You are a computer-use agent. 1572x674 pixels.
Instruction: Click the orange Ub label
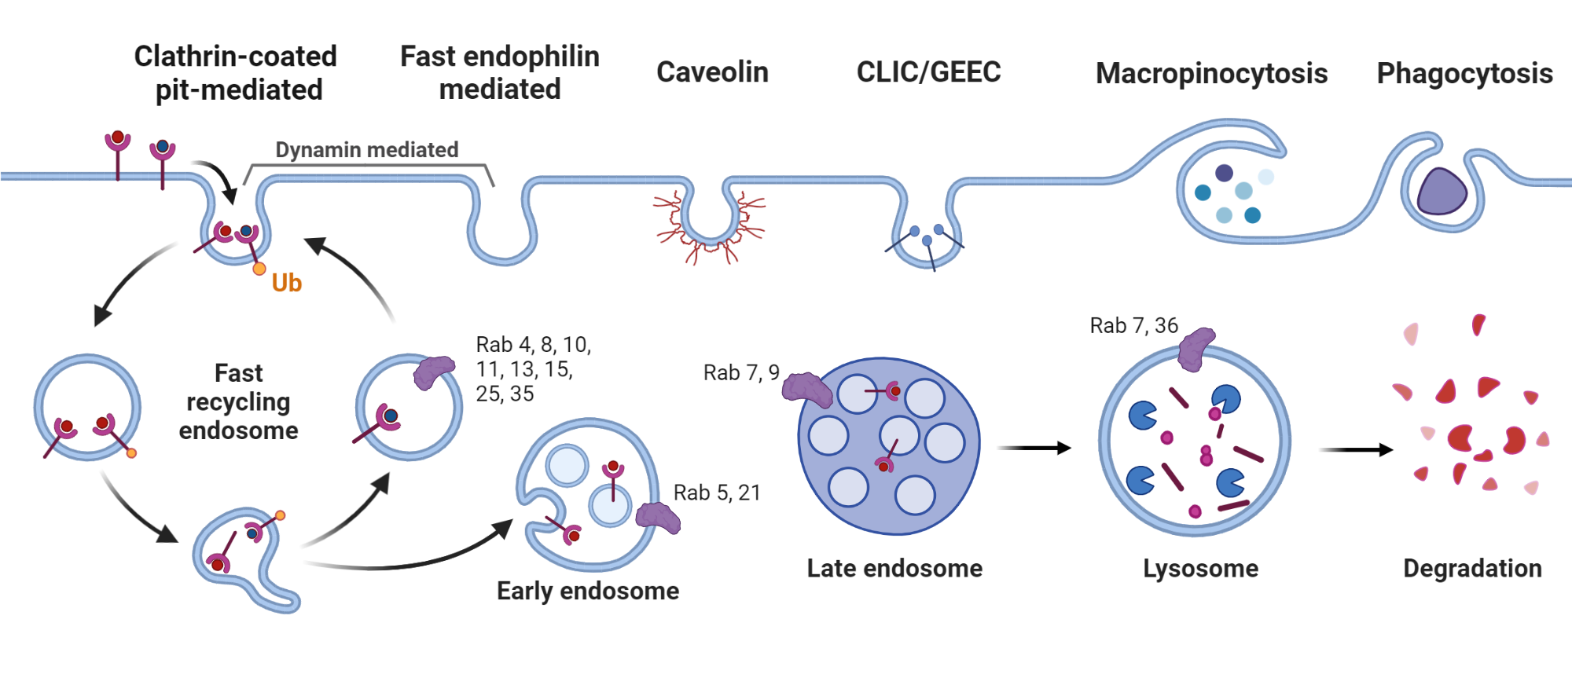point(286,283)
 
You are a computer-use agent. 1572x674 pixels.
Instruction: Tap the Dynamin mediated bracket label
point(366,150)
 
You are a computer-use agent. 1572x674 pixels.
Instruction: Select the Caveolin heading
point(712,72)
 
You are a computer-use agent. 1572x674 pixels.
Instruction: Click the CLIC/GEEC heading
point(928,72)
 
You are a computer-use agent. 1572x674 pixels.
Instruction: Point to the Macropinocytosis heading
point(1211,74)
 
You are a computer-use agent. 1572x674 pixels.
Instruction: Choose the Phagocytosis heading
point(1464,74)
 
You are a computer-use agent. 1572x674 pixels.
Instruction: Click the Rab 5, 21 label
point(717,493)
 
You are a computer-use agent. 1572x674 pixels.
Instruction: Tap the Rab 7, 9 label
point(740,372)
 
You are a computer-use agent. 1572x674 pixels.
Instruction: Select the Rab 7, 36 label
point(1133,325)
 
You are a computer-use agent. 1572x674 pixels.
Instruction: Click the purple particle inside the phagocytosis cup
point(1442,192)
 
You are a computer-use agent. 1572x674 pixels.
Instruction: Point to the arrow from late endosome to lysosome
point(1034,448)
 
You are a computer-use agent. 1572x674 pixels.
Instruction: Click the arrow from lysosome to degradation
point(1355,450)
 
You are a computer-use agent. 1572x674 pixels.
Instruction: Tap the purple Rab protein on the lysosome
point(1196,350)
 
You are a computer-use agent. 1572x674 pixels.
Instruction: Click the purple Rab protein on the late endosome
point(806,389)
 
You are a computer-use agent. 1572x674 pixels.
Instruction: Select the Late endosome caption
point(894,568)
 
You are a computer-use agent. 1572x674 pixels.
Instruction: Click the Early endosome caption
point(587,591)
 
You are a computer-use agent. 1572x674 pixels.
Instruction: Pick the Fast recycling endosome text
point(238,401)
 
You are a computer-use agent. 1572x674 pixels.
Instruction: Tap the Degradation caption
point(1472,568)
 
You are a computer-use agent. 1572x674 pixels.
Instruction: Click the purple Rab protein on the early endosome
point(657,517)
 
